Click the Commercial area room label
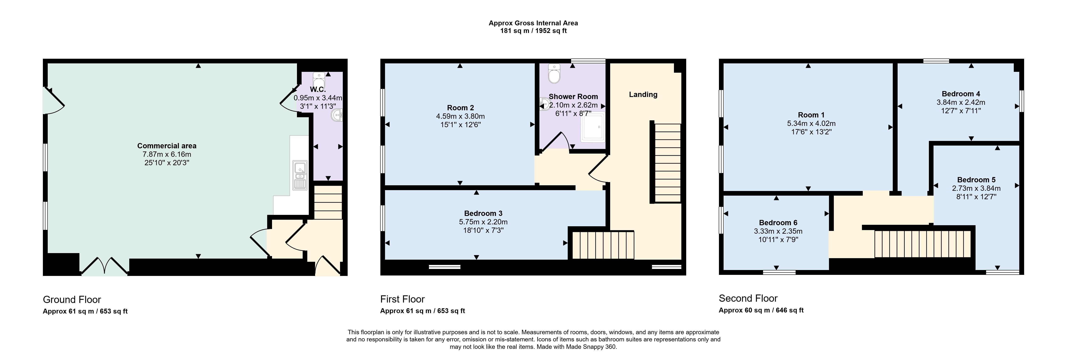(x=167, y=146)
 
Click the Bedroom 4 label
(x=961, y=94)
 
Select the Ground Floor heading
(x=72, y=300)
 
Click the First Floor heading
(x=403, y=299)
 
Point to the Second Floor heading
(x=748, y=298)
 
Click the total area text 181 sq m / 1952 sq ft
(x=533, y=31)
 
